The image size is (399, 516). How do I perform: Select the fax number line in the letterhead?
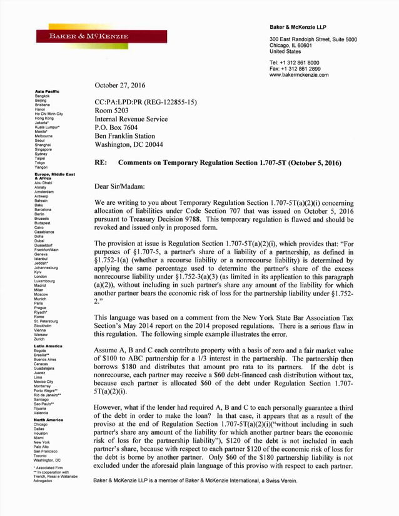pyautogui.click(x=295, y=69)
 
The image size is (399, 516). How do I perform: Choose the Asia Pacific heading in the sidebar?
pyautogui.click(x=48, y=92)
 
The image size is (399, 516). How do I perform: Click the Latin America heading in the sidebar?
pyautogui.click(x=48, y=345)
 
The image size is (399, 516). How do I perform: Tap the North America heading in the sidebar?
pyautogui.click(x=49, y=420)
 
